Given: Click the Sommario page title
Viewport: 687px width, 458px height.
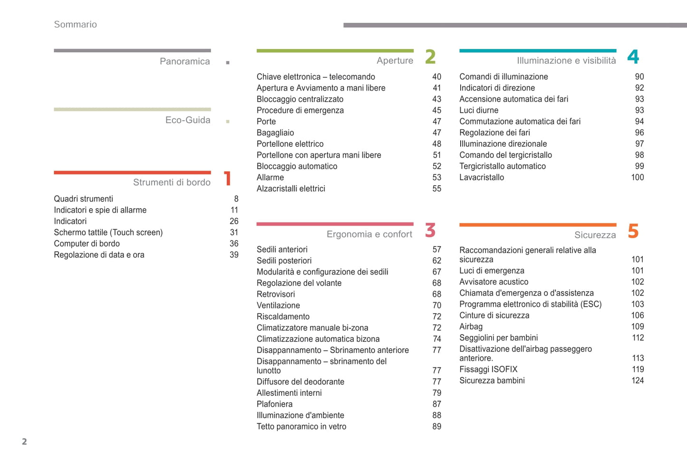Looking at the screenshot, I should click(75, 24).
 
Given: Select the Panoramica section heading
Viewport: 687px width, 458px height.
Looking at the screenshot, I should click(184, 61).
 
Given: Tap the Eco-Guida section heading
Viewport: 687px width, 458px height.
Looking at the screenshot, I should click(187, 120).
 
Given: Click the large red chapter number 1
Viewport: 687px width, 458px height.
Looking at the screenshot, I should click(228, 179).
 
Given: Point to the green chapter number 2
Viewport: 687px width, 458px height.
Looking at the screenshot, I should click(430, 57).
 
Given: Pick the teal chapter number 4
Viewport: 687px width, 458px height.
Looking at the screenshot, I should click(633, 57).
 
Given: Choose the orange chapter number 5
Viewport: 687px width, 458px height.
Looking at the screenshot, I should click(633, 231).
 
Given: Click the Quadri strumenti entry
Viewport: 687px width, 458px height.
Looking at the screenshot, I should click(83, 199).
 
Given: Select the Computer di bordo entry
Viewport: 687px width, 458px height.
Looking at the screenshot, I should click(87, 244).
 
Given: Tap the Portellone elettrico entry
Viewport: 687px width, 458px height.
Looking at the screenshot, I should click(290, 144).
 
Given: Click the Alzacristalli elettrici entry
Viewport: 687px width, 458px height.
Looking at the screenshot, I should click(290, 189).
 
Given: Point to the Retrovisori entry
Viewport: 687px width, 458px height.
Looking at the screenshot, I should click(275, 294).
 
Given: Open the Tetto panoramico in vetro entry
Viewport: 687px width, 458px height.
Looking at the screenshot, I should click(301, 427).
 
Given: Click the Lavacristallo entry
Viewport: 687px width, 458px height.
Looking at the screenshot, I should click(481, 177).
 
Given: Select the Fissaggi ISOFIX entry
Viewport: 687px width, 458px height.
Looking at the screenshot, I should click(488, 369).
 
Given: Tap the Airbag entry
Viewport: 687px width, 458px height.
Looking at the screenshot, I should click(471, 326).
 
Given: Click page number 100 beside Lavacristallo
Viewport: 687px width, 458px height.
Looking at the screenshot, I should click(637, 177).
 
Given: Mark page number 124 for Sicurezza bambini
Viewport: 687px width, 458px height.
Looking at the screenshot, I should click(637, 381).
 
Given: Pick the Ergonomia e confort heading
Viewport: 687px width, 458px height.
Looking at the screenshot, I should click(369, 234).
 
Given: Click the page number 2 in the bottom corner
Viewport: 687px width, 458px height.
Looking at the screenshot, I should click(24, 442).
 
